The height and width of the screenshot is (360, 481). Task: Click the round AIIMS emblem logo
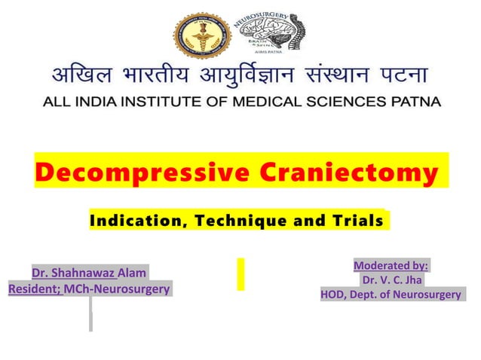[x=201, y=34]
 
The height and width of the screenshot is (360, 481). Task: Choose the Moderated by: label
[x=391, y=265]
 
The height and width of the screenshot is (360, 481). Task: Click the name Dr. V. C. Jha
[x=391, y=279]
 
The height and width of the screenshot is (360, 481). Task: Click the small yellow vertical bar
[x=240, y=273]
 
